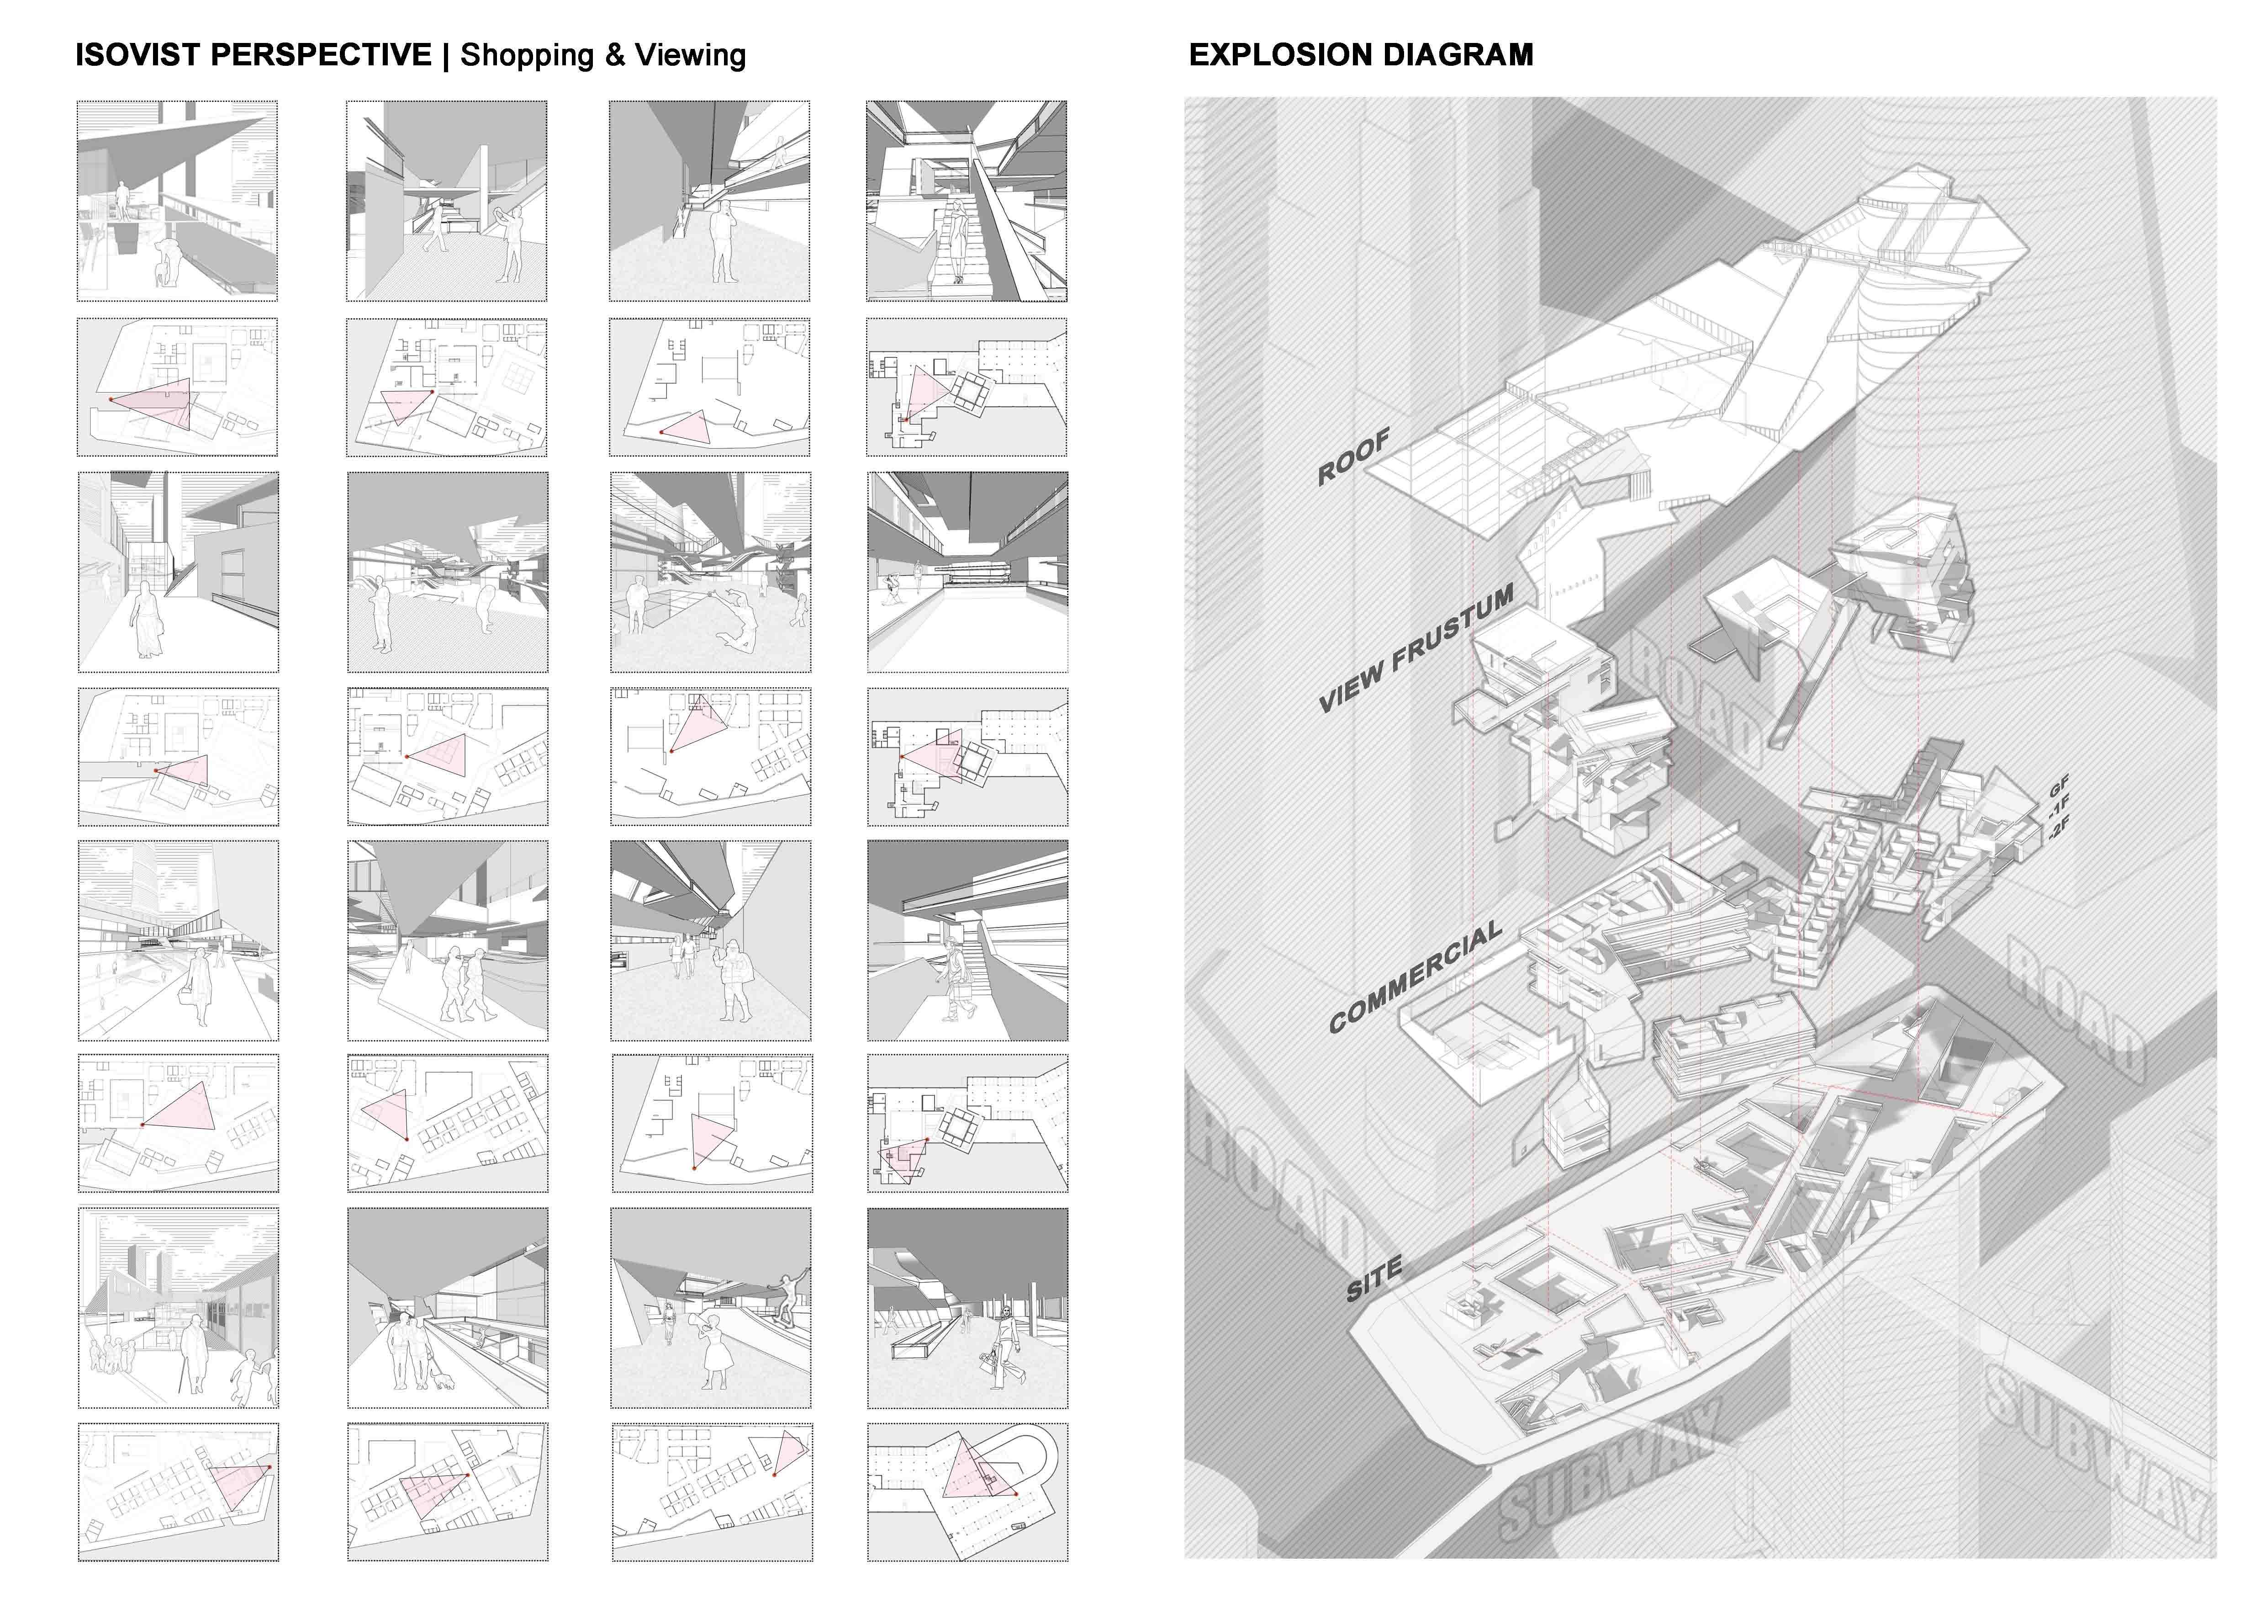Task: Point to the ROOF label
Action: coord(1354,456)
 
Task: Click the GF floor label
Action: coord(2059,787)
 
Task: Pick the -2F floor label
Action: coord(2059,827)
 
